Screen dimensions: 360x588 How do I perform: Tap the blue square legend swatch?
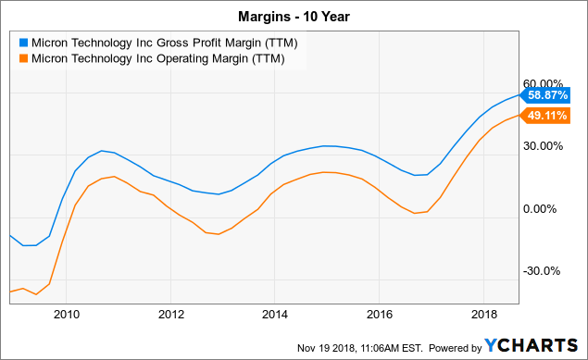click(x=22, y=42)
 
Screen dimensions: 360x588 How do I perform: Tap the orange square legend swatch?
click(x=22, y=58)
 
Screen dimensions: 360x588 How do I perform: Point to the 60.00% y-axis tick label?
click(x=544, y=82)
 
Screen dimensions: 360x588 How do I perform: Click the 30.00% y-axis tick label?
click(x=544, y=145)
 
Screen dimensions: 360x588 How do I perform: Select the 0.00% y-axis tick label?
click(x=546, y=208)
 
